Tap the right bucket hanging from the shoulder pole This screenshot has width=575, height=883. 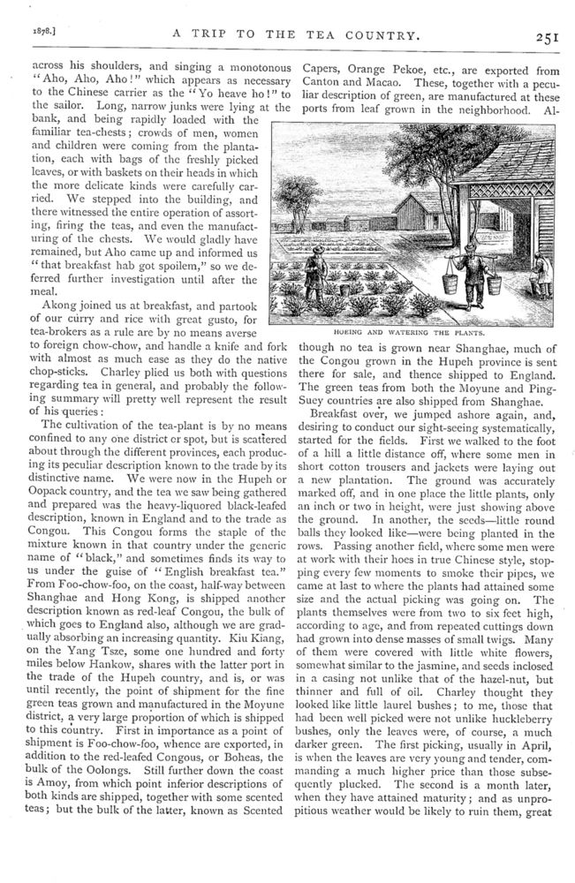[495, 283]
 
